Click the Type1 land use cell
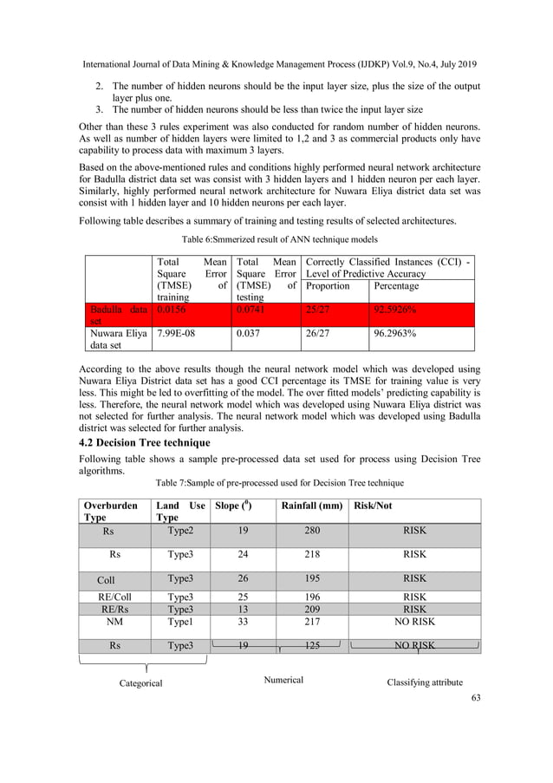(180, 622)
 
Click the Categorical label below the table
(140, 683)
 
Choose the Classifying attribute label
(425, 682)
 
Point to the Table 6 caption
(279, 238)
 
